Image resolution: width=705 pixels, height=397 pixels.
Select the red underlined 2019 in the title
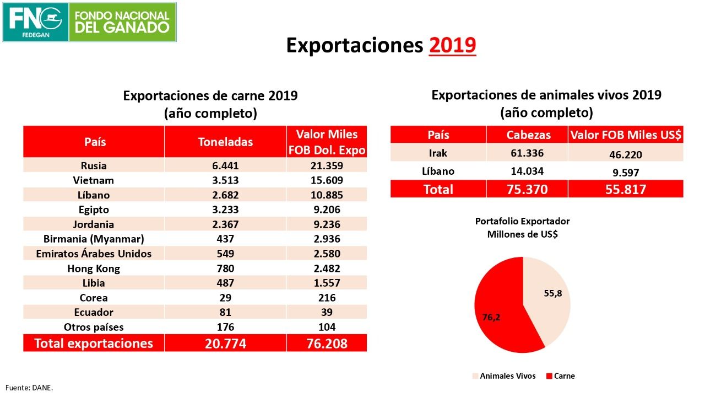point(452,46)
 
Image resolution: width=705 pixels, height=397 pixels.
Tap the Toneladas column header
point(225,142)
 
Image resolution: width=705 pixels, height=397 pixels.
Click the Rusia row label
point(94,165)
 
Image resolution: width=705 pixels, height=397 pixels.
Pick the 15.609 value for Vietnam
point(327,180)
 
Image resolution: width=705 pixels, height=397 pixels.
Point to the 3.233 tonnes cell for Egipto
point(225,210)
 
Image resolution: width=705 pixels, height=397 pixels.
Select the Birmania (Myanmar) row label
point(94,239)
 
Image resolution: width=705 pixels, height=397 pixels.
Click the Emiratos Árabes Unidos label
point(94,254)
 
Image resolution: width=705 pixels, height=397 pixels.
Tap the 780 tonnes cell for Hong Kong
point(225,269)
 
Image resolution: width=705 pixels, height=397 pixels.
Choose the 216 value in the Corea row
point(327,298)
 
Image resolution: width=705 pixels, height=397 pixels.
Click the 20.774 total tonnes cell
point(225,344)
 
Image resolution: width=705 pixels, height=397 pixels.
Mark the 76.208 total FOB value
point(327,344)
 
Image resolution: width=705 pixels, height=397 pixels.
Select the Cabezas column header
point(527,135)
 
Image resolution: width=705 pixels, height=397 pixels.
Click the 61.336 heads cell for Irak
point(527,153)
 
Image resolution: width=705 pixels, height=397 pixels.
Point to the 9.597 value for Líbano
point(625,173)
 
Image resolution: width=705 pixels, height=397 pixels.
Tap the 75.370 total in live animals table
point(527,190)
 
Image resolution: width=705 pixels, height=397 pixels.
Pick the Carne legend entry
point(560,376)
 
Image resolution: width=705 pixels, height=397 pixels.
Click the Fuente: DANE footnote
point(29,388)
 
